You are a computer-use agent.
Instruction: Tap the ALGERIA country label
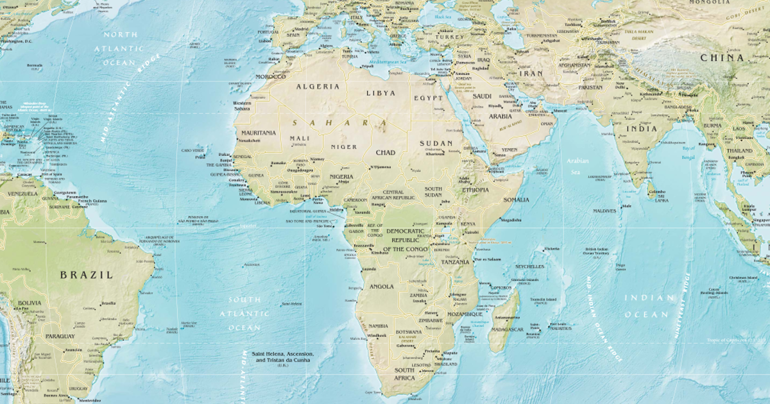click(318, 87)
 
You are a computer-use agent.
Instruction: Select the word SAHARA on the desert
click(339, 122)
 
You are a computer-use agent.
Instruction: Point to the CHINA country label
click(722, 58)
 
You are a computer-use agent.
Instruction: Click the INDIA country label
click(642, 128)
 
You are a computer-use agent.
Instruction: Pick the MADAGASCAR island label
click(507, 329)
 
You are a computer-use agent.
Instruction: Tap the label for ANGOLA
click(381, 286)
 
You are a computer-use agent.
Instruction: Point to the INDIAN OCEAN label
click(649, 306)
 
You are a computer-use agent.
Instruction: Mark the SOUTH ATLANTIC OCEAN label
click(244, 314)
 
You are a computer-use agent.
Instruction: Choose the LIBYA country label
click(381, 93)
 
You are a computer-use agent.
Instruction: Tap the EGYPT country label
click(428, 98)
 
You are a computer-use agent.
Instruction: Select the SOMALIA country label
click(516, 199)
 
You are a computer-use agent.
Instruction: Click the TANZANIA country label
click(455, 262)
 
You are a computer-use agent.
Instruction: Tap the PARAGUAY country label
click(60, 336)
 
